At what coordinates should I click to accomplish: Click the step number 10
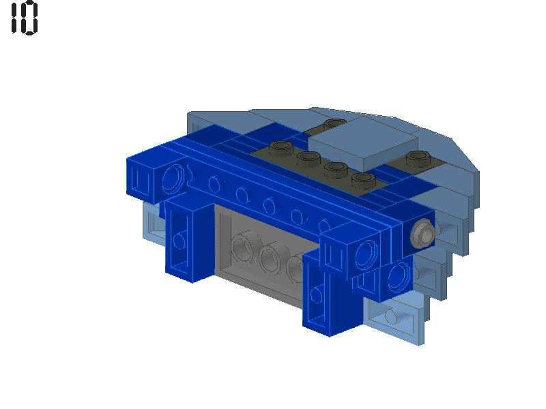tap(25, 18)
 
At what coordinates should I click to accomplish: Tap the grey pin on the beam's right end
tap(422, 234)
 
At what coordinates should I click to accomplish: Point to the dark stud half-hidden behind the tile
tap(334, 124)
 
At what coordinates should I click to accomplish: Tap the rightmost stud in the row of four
tap(363, 180)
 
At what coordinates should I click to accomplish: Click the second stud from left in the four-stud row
tap(308, 159)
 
